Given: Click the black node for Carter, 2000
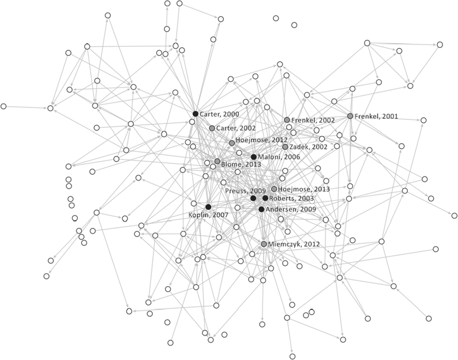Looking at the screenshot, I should (195, 114).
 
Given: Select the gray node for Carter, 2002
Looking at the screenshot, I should (212, 127).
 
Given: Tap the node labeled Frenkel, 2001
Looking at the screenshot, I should (350, 116).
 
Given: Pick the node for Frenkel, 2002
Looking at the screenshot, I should (287, 120).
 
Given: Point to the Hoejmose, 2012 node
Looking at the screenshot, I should (232, 142).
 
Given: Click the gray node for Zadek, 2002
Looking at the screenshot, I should (285, 147).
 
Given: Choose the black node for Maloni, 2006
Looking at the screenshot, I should (254, 157).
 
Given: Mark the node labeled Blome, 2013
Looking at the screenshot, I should (217, 162).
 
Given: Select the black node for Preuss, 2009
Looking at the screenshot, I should (253, 198).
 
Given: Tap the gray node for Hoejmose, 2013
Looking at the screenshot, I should (274, 189).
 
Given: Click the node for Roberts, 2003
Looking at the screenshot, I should (265, 198).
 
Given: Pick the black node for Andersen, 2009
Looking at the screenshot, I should (261, 209).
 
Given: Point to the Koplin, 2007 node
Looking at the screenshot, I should (208, 207).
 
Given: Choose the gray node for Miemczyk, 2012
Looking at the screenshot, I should (264, 244).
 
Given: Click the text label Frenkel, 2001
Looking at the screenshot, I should (376, 116).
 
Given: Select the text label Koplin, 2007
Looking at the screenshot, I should (209, 215).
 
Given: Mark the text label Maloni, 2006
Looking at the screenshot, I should (279, 157).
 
